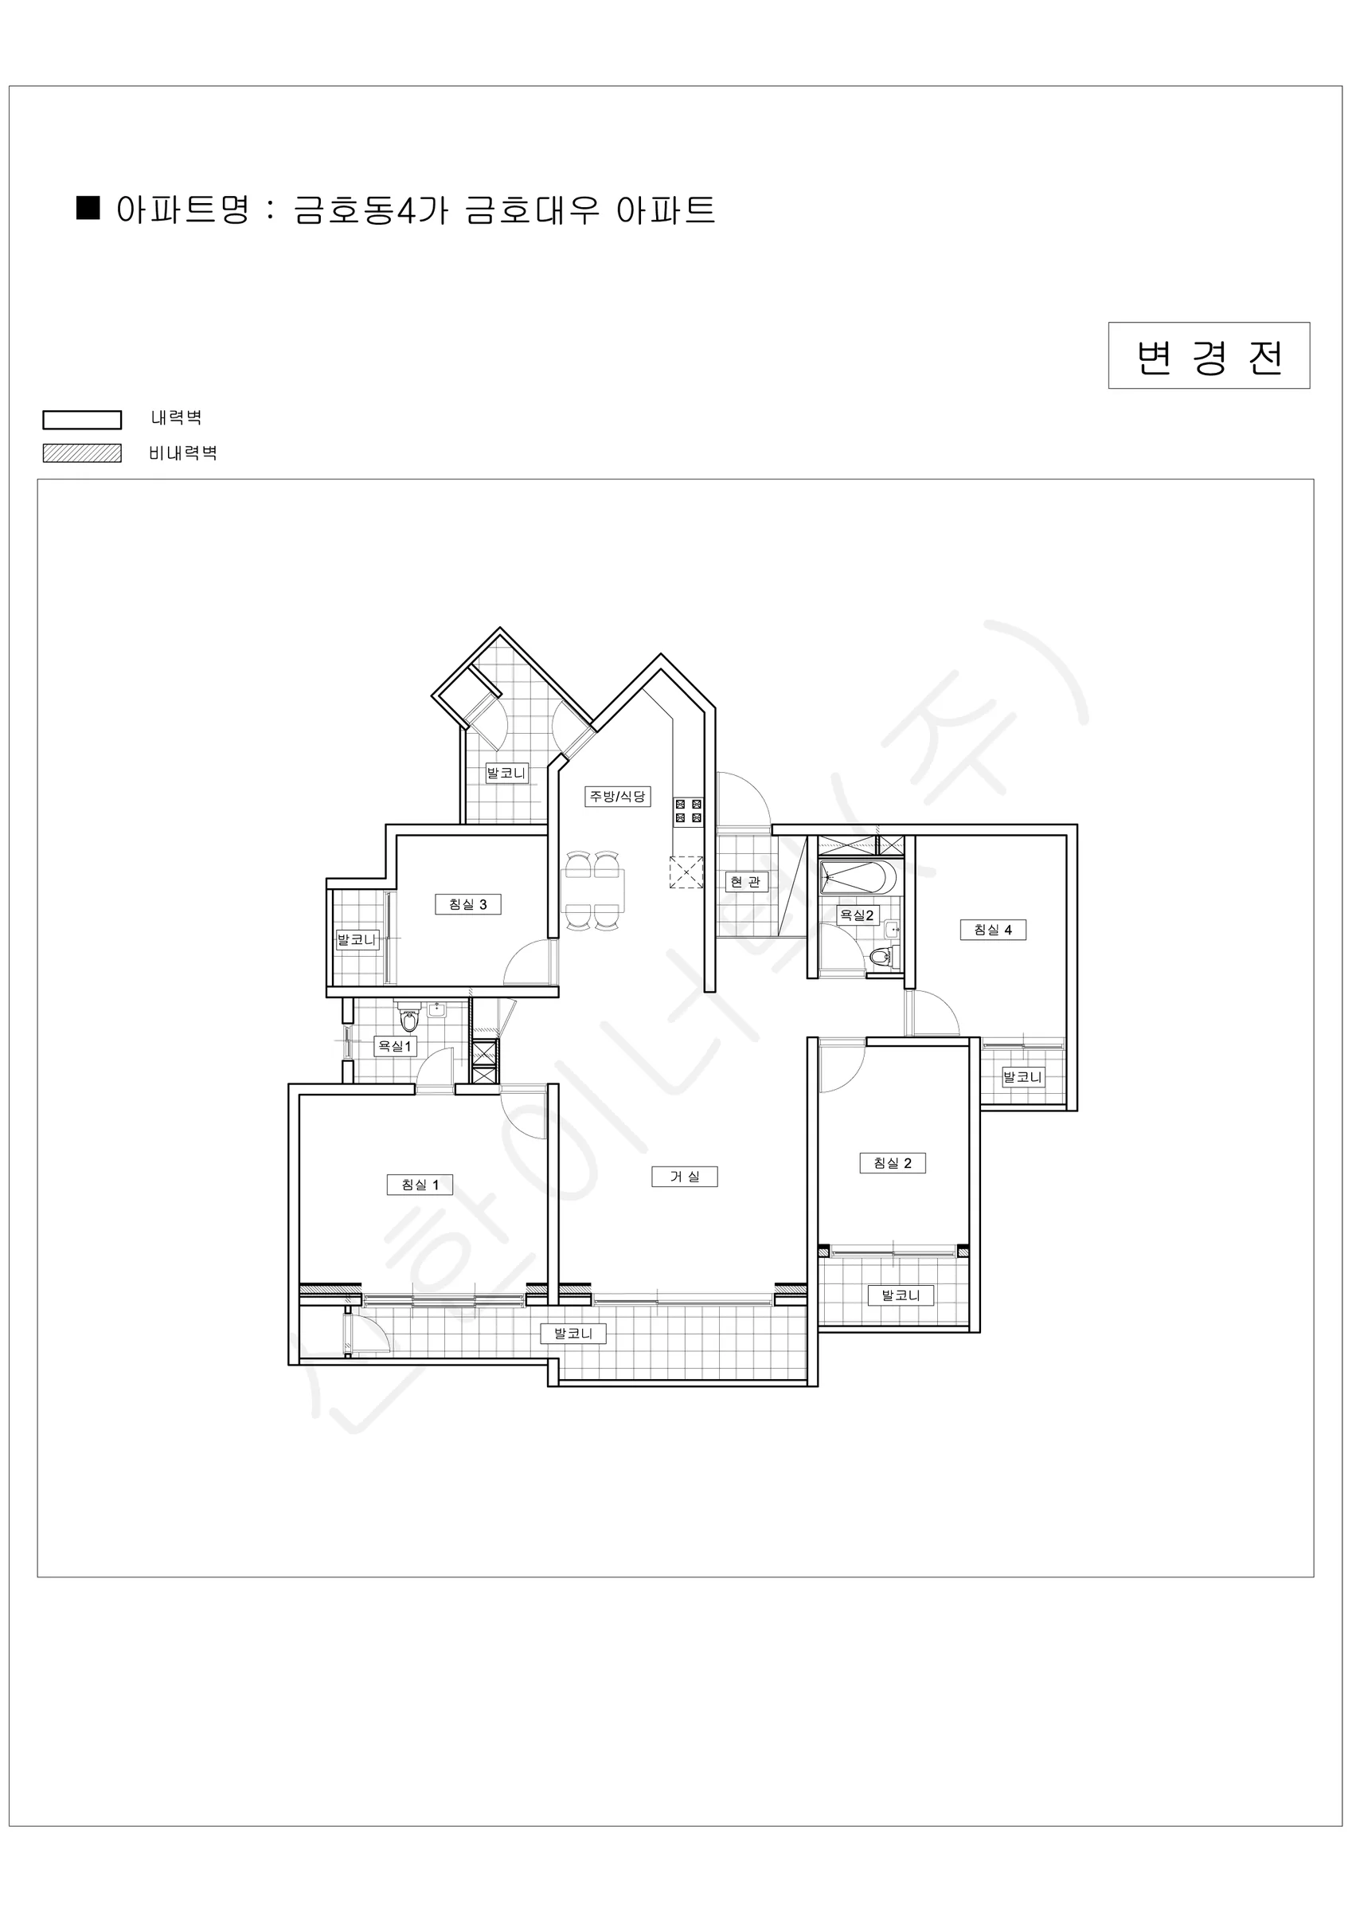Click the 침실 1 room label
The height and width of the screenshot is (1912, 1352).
coord(420,1184)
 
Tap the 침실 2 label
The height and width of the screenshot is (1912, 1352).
coord(893,1162)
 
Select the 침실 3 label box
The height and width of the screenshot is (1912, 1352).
coord(468,903)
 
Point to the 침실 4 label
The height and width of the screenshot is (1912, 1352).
coord(993,930)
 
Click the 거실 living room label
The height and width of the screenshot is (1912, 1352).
coord(686,1176)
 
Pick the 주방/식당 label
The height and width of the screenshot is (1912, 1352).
coord(618,796)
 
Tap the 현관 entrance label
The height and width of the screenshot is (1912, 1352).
coord(745,881)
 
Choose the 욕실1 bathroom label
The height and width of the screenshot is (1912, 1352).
coord(395,1046)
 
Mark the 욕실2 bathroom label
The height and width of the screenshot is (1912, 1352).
coord(858,915)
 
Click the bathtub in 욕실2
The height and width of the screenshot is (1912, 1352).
coord(858,878)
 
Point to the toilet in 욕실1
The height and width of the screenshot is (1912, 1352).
coord(408,1017)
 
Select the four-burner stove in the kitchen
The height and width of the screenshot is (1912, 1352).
coord(689,811)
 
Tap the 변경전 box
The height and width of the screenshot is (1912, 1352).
coord(1209,355)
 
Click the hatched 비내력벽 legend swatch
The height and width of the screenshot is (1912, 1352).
coord(83,453)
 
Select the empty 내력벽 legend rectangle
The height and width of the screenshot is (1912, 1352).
coord(83,420)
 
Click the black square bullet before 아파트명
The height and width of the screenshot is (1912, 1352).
coord(88,207)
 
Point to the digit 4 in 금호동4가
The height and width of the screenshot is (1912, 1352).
coord(405,210)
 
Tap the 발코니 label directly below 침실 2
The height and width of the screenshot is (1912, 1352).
coord(901,1295)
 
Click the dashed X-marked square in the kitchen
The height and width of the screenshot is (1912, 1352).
coord(686,872)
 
